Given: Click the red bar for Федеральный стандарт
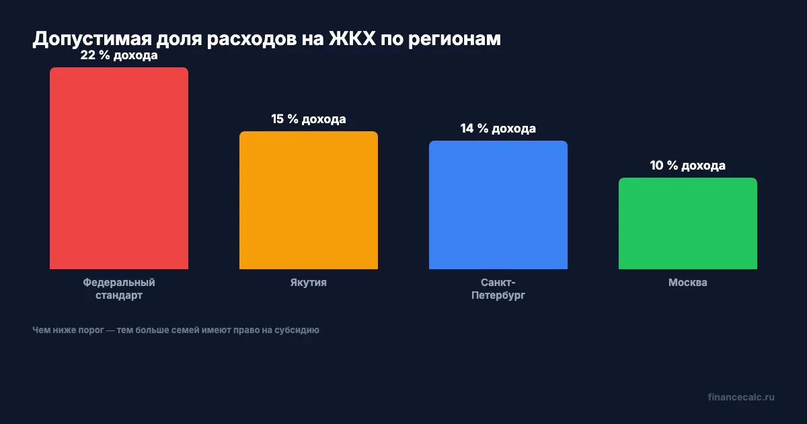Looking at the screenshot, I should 119,168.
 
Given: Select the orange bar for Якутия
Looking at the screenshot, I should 309,201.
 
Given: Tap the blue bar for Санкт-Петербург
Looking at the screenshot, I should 498,205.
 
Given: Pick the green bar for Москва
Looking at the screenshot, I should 688,223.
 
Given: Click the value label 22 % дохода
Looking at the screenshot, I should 119,56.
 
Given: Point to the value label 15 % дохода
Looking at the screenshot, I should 309,119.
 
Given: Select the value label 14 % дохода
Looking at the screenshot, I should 498,129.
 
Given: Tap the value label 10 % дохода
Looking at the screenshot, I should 688,166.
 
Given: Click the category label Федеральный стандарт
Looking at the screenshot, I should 119,289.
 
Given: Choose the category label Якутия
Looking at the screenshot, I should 309,283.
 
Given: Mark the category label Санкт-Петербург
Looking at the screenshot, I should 498,289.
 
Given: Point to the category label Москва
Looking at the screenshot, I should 688,283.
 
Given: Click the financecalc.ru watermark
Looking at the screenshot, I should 741,397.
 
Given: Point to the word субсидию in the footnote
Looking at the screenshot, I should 299,330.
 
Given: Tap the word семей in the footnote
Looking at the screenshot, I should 184,330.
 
